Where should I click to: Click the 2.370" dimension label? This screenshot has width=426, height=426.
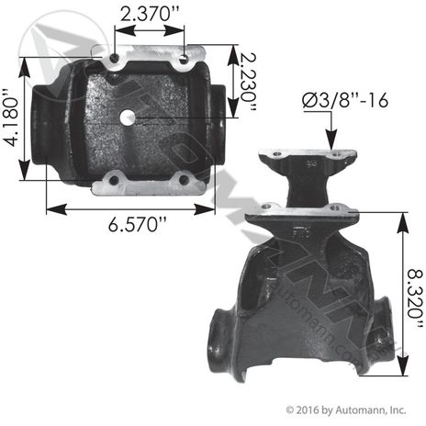[150, 14]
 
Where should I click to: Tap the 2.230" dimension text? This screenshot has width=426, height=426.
[248, 82]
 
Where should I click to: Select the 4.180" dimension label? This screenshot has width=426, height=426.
[11, 118]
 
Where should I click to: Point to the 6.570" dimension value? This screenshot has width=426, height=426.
[138, 225]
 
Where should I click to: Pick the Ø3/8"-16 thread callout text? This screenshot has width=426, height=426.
[345, 100]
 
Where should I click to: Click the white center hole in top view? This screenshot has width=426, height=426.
[128, 117]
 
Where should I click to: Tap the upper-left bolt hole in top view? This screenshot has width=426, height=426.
[115, 58]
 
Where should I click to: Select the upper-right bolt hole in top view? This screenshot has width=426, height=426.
[184, 58]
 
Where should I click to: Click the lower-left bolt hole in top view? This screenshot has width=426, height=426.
[114, 180]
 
